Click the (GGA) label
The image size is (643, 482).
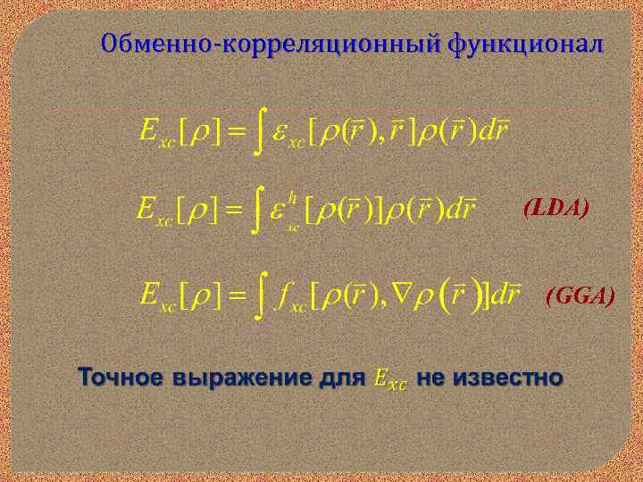pos(580,295)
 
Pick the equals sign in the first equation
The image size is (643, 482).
pos(233,132)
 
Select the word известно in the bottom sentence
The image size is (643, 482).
pos(509,378)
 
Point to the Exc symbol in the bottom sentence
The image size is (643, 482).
pos(388,379)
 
